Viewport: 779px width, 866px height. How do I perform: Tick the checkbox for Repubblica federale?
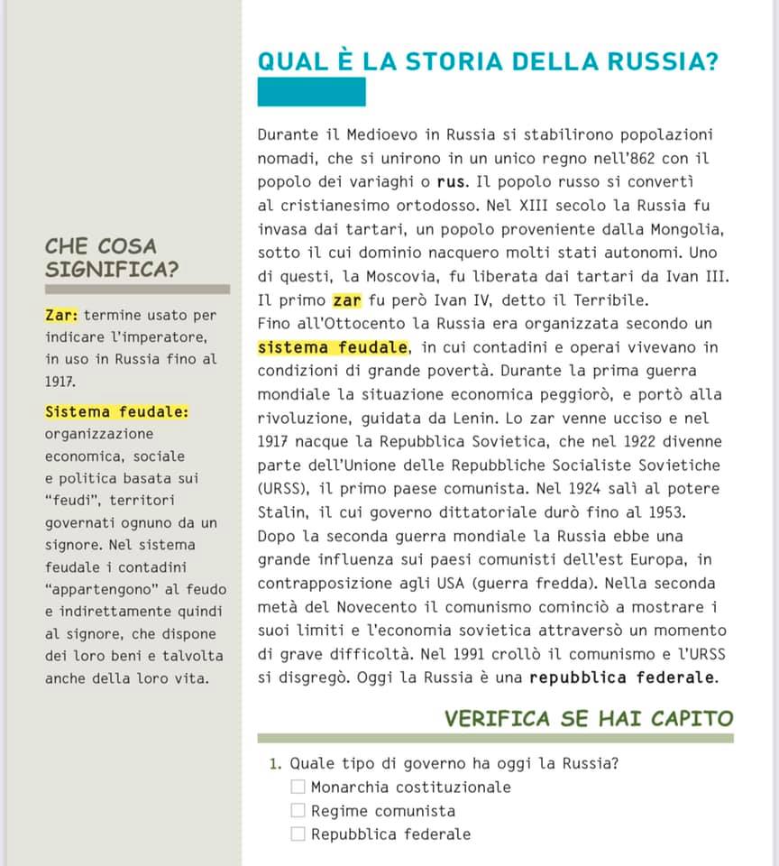click(298, 834)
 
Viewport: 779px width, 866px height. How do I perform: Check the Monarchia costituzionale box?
click(298, 787)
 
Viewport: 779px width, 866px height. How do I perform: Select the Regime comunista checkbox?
click(298, 811)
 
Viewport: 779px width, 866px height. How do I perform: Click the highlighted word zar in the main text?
click(346, 300)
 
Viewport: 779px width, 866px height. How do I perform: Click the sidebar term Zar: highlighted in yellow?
click(61, 316)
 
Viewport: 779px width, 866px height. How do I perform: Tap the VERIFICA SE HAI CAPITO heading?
click(589, 718)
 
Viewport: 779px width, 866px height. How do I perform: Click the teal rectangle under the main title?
click(311, 92)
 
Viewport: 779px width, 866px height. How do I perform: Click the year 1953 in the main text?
click(662, 512)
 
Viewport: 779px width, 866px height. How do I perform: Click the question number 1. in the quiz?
click(275, 764)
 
